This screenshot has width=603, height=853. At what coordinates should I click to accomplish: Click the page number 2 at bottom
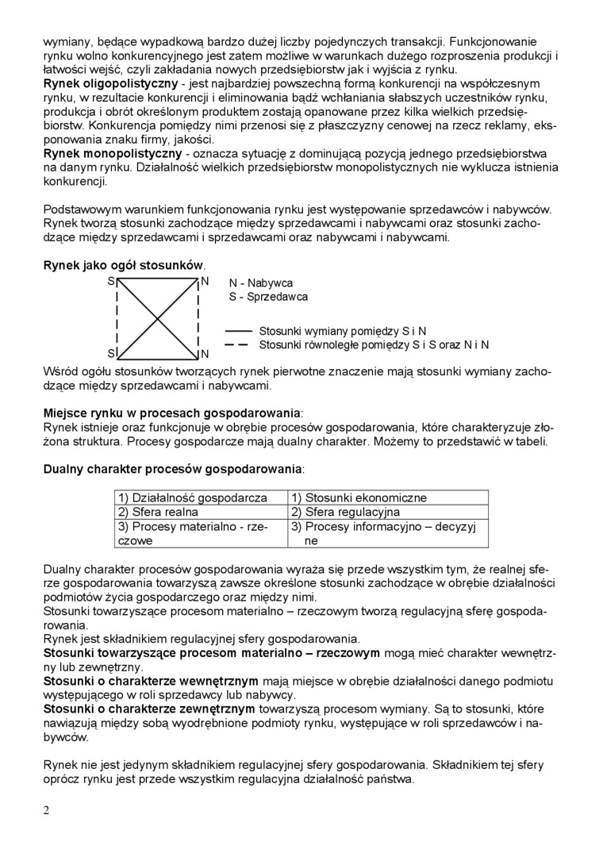[x=46, y=809]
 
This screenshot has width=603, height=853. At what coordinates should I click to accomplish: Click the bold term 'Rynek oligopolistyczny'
[x=110, y=83]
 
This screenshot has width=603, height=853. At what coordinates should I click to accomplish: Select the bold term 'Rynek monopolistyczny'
[x=112, y=152]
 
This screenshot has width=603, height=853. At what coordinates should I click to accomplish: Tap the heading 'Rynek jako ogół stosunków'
[x=124, y=264]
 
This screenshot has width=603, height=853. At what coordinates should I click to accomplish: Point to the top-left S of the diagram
[x=111, y=282]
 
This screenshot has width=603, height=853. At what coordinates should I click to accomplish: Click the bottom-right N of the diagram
[x=204, y=353]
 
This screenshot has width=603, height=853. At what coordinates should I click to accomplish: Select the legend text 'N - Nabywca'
[x=261, y=283]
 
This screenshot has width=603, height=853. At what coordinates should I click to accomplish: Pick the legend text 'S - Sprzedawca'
[x=268, y=297]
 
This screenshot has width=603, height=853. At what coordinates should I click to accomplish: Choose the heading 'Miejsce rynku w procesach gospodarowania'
[x=172, y=414]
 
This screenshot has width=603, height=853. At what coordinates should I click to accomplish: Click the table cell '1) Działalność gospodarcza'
[x=193, y=498]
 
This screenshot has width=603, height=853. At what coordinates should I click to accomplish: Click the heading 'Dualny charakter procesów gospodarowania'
[x=173, y=470]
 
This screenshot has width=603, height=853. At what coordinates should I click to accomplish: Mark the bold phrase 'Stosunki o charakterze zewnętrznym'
[x=150, y=708]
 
